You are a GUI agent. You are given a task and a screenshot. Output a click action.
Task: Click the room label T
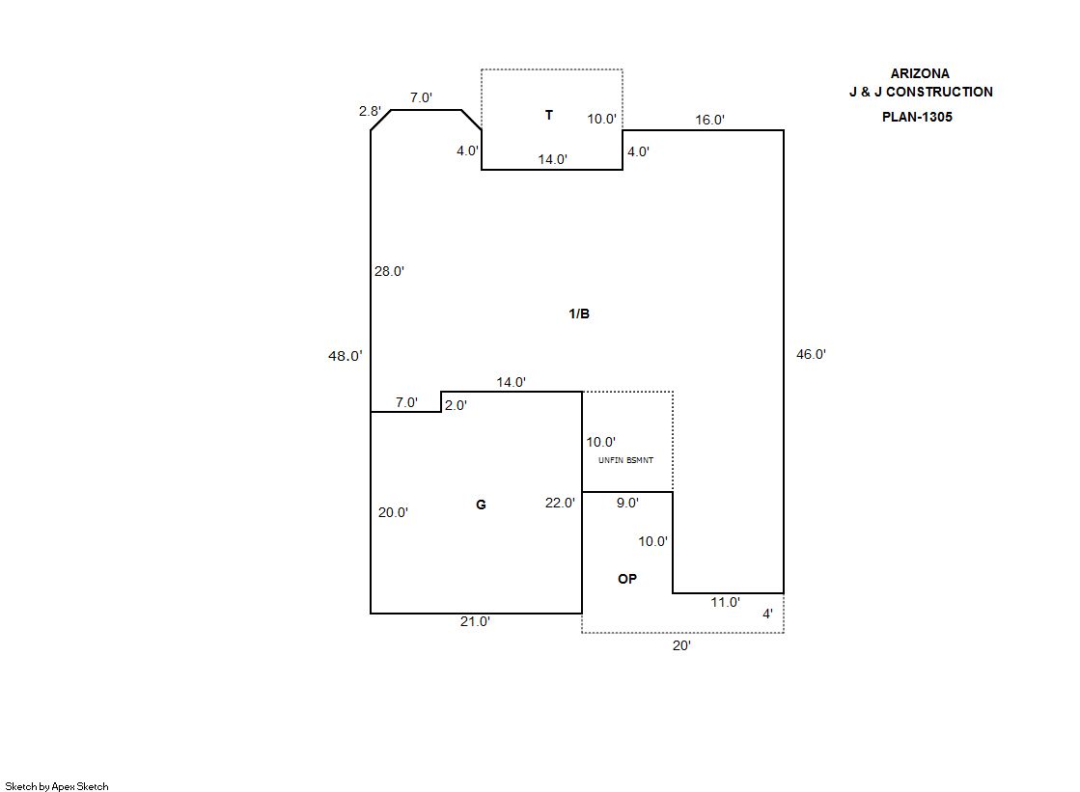point(549,116)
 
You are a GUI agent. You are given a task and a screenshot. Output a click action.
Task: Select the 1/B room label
point(579,314)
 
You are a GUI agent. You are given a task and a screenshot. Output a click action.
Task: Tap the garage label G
point(481,505)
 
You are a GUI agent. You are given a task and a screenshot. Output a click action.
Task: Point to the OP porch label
point(627,579)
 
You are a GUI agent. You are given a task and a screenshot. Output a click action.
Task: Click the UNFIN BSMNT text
point(625,460)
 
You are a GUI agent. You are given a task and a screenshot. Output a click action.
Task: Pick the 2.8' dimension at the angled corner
point(370,112)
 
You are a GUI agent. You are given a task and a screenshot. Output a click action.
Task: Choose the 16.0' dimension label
point(710,120)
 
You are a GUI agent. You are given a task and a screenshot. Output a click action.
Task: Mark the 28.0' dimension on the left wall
point(389,272)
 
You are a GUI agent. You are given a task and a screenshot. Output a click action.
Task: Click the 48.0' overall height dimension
point(346,356)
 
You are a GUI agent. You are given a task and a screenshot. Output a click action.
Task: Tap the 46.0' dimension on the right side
point(811,354)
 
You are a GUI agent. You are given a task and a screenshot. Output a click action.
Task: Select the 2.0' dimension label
point(456,406)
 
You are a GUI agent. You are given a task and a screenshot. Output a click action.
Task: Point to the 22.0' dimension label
point(560,503)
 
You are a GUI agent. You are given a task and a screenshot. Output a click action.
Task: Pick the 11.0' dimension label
point(725,602)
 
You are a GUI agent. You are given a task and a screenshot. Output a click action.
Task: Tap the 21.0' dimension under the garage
point(475,622)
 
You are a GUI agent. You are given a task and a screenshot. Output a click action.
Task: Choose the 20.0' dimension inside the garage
point(393,513)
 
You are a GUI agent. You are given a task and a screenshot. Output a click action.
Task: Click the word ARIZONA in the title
point(920,73)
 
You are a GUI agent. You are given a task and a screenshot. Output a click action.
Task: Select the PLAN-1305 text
point(917,117)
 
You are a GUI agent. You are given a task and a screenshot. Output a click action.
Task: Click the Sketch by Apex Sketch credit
point(57,786)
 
